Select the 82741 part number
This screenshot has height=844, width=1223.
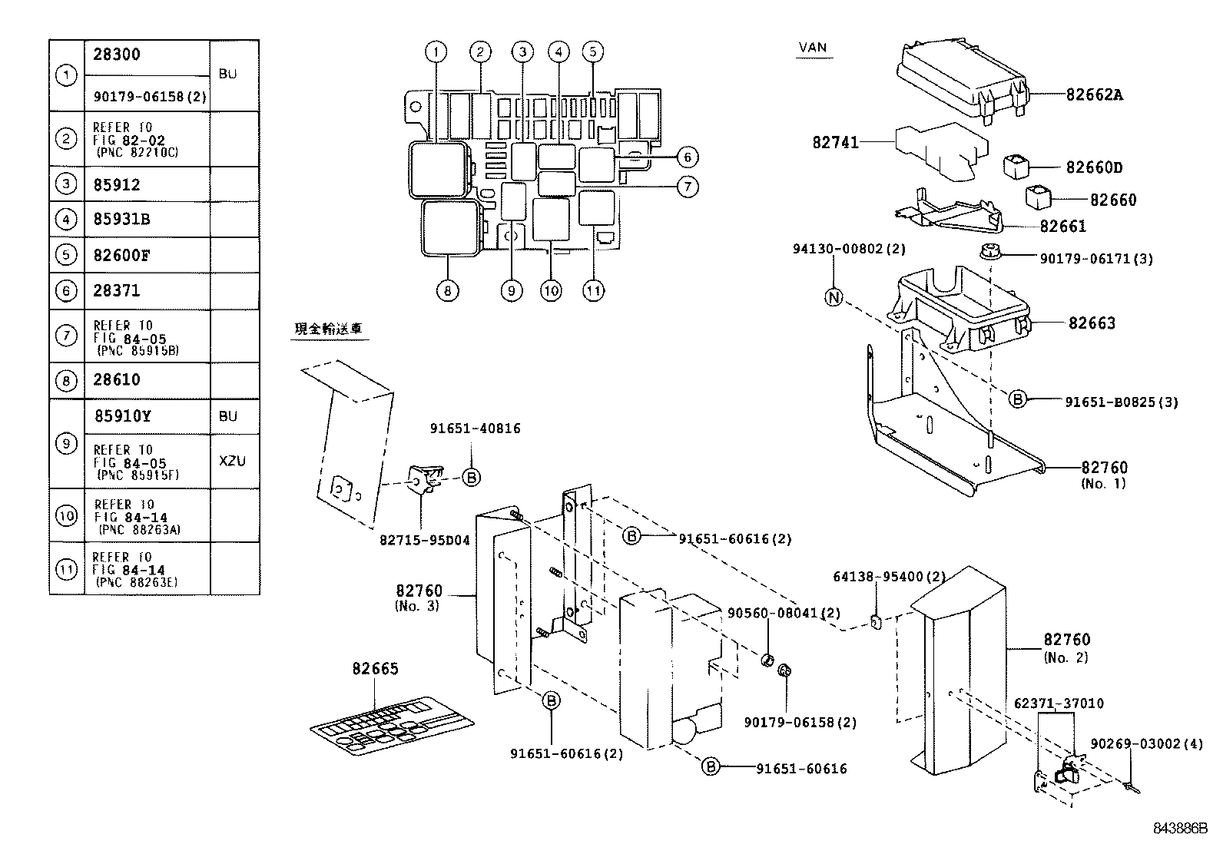835,143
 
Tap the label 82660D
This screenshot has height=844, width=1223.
1094,167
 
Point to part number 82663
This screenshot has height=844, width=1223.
1091,323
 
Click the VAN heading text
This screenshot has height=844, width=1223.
813,48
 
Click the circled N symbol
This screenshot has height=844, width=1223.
834,298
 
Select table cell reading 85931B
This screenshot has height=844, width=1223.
122,220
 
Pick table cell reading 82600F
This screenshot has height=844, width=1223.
121,255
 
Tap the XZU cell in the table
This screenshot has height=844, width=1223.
232,462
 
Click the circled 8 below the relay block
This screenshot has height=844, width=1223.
447,291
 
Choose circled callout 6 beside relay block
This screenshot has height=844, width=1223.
687,157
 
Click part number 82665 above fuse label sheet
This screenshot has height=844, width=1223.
376,669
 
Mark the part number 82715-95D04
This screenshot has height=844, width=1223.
424,541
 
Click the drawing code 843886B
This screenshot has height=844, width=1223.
1180,829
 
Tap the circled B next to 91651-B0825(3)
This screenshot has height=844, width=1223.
1017,399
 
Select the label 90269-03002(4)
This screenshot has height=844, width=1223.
1147,744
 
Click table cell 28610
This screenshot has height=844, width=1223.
117,379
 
